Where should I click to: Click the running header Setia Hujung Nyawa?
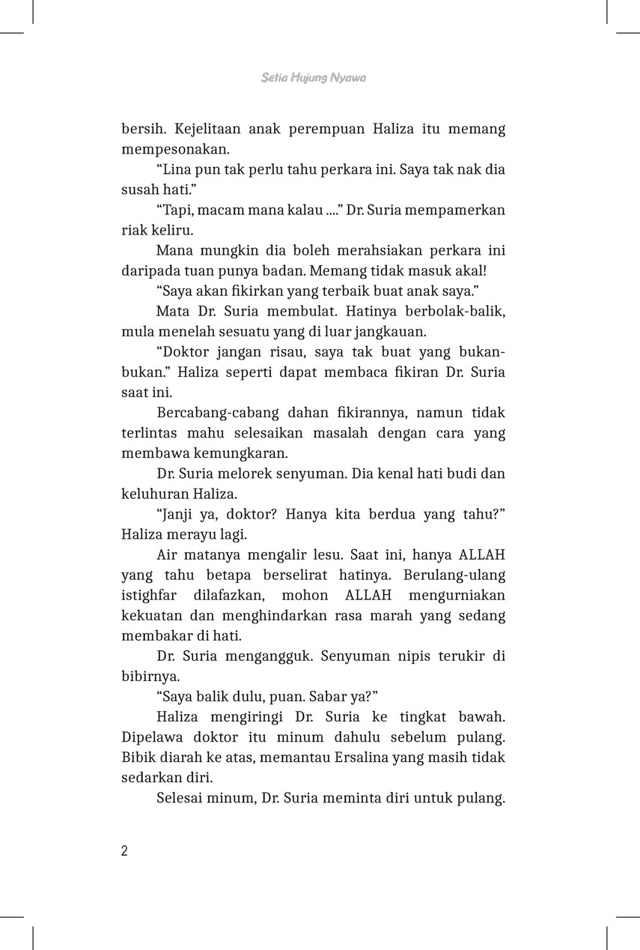pyautogui.click(x=314, y=77)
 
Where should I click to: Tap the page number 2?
pyautogui.click(x=125, y=850)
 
